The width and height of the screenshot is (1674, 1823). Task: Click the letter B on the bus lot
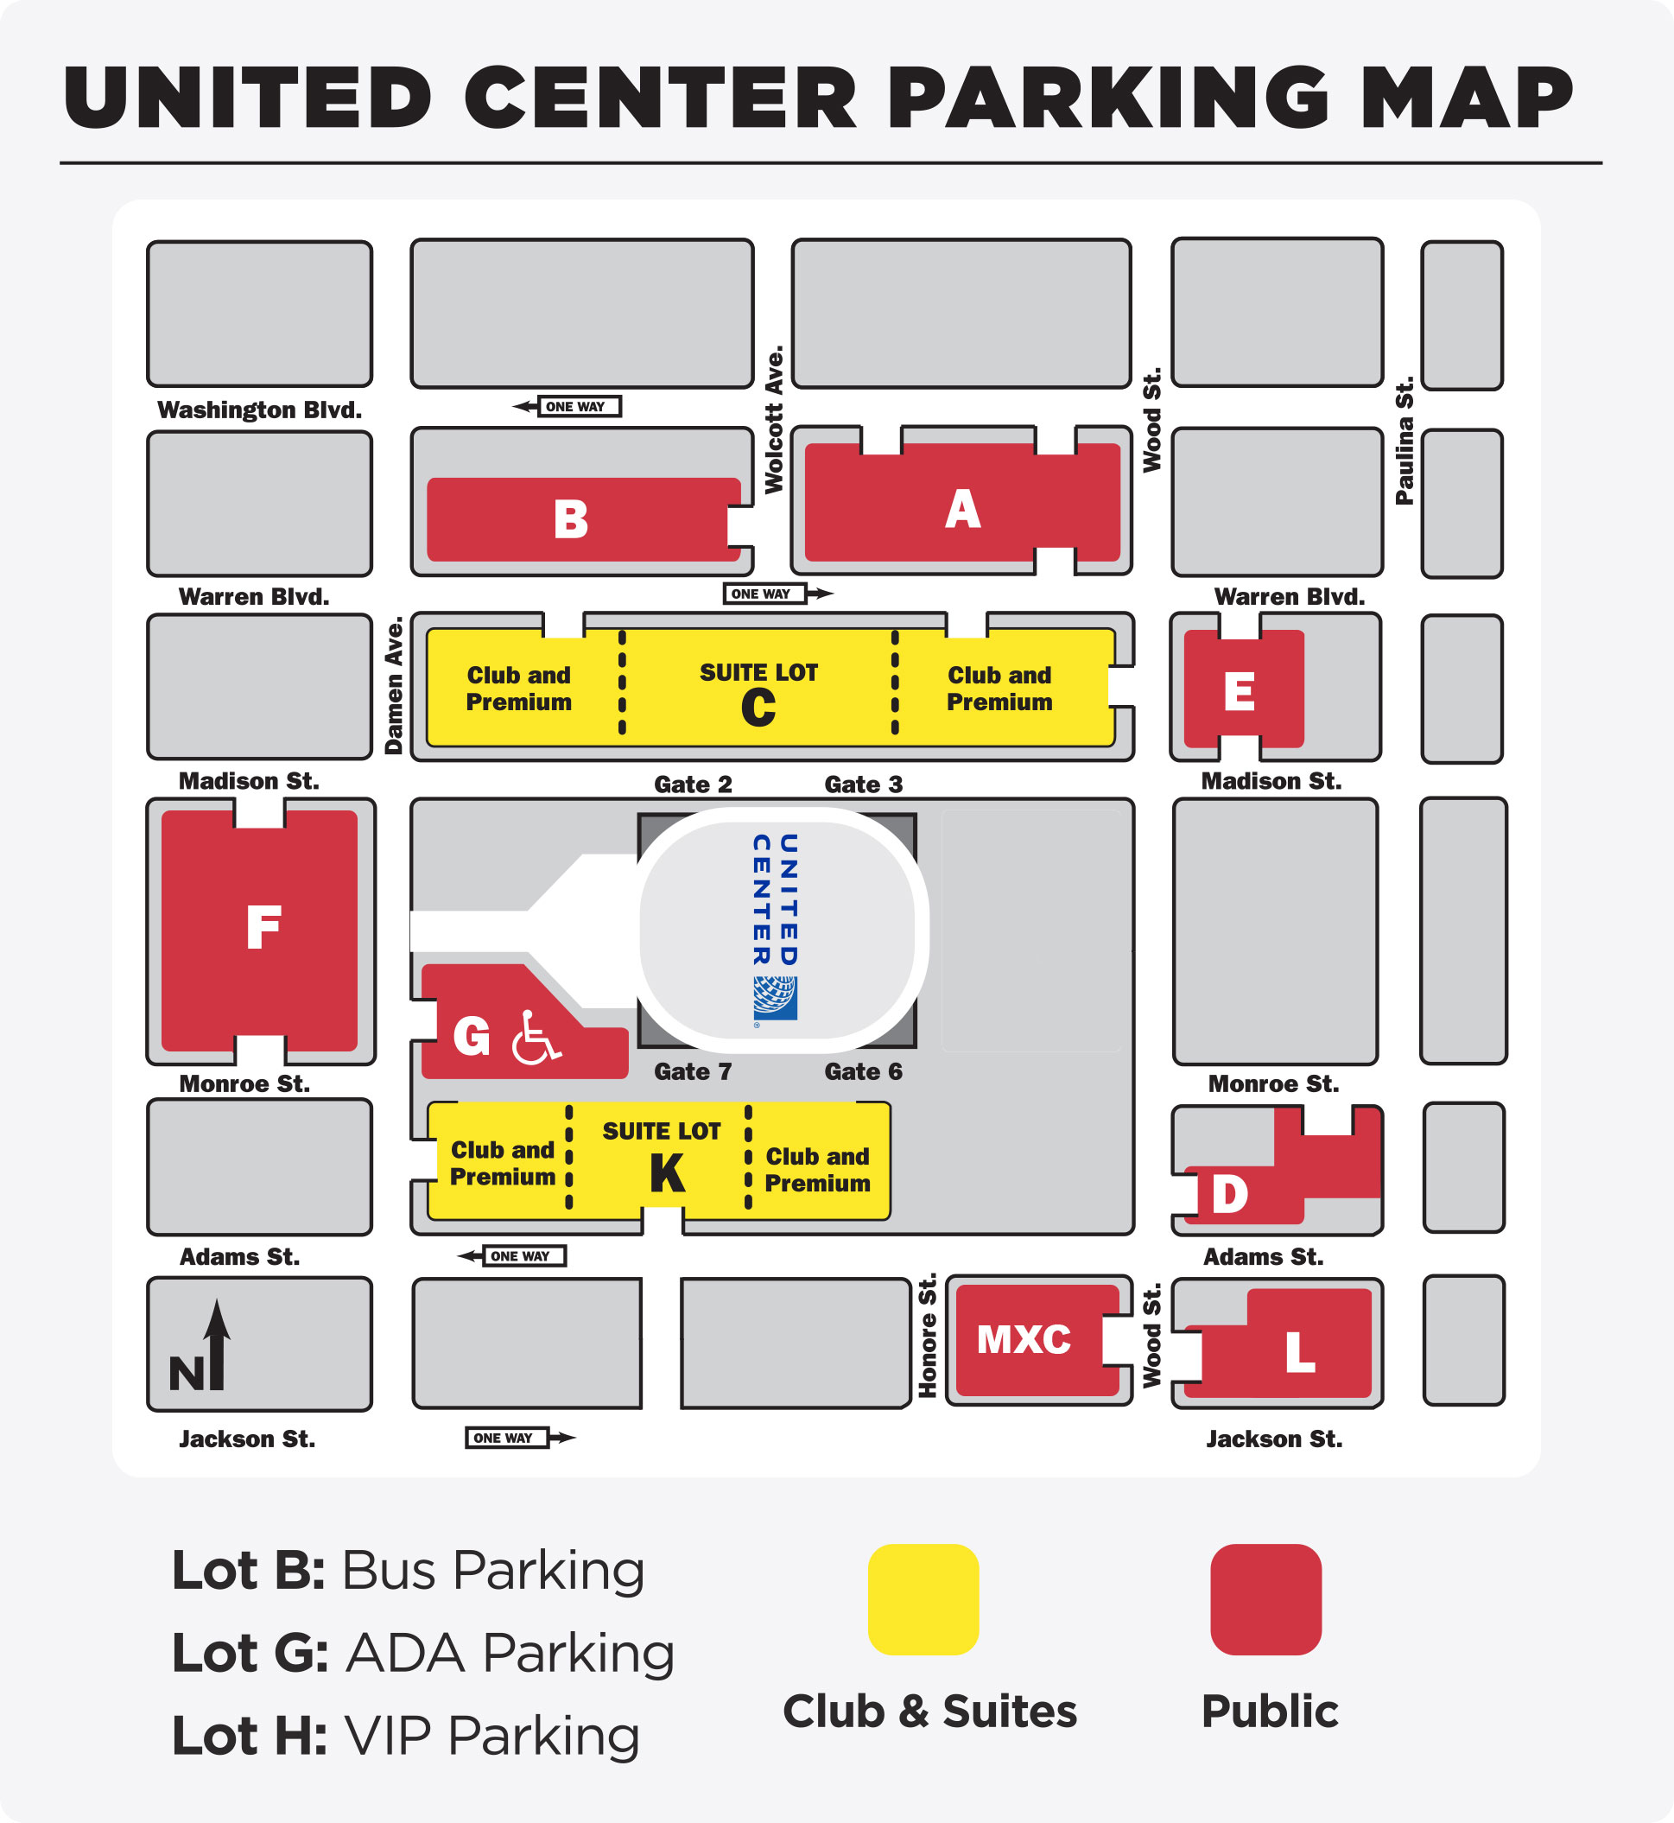571,520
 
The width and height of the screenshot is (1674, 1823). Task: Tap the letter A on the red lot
962,509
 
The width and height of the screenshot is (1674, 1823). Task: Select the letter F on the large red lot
263,927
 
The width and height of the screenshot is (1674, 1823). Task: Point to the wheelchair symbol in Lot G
536,1038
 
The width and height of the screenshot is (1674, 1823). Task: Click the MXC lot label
1024,1339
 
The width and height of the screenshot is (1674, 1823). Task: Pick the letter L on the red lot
1300,1353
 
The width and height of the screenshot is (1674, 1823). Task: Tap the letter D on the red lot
1229,1193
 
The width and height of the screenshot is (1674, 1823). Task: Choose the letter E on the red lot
1240,692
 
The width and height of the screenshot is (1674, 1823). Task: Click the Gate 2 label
693,784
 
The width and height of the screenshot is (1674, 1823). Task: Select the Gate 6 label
863,1072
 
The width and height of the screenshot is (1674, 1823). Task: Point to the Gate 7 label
693,1072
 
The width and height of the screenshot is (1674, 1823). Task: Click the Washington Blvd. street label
260,410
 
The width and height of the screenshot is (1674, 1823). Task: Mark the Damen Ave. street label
394,686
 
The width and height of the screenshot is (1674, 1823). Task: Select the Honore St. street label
928,1336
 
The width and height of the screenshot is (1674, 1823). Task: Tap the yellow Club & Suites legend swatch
923,1600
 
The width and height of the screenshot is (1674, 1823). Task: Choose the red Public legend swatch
1265,1600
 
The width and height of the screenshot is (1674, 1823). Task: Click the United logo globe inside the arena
776,998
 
